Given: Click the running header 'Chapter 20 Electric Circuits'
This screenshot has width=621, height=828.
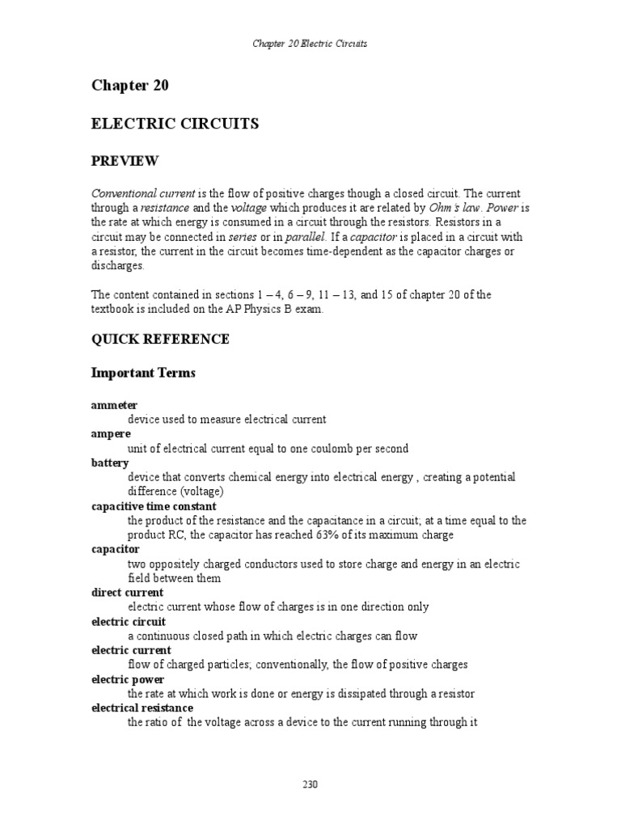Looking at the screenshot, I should [x=310, y=43].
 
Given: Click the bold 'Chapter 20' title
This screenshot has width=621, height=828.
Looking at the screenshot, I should [x=129, y=86].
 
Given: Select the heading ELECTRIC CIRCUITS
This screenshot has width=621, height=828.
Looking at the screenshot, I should [x=175, y=124].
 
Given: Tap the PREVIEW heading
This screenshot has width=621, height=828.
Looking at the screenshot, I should [x=125, y=162].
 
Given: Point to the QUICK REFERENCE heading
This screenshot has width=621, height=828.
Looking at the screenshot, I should [x=160, y=340].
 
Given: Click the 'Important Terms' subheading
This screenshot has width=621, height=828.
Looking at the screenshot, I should [x=143, y=374].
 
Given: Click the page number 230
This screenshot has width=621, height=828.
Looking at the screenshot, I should [x=310, y=784].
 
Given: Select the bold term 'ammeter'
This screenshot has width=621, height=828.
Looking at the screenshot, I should [x=114, y=404].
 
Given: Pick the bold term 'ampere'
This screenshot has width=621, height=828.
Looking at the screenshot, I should [x=111, y=434].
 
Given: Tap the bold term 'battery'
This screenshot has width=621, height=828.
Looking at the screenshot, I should [x=110, y=463].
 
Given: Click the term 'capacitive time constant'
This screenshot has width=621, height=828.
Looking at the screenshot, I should [x=154, y=507].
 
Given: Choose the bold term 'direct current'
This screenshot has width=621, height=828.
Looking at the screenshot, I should [x=127, y=593].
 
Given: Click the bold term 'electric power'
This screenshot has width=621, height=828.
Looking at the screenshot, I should [x=127, y=680].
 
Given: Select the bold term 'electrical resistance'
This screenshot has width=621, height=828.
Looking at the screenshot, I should [x=142, y=708].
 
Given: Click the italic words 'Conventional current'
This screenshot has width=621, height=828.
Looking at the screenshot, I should [x=143, y=195].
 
